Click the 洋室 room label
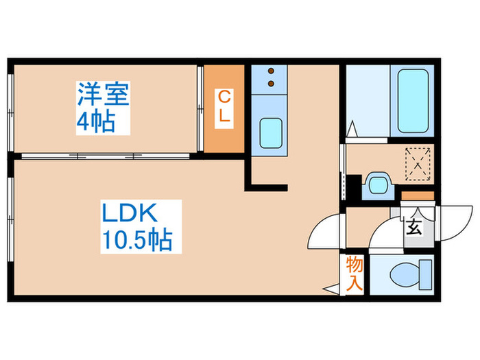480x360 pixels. pyautogui.click(x=103, y=95)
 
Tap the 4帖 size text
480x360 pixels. pyautogui.click(x=95, y=121)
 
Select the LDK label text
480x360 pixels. pyautogui.click(x=130, y=213)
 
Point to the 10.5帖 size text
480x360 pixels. pyautogui.click(x=137, y=241)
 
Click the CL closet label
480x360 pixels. pyautogui.click(x=224, y=108)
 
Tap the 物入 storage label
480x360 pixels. pyautogui.click(x=355, y=274)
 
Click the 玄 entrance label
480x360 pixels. pyautogui.click(x=414, y=227)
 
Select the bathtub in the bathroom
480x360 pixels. pyautogui.click(x=413, y=101)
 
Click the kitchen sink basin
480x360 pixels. pyautogui.click(x=271, y=133)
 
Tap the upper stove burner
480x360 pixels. pyautogui.click(x=271, y=71)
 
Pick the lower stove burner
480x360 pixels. pyautogui.click(x=271, y=83)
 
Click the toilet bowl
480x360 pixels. pyautogui.click(x=403, y=274)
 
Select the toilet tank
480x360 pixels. pyautogui.click(x=425, y=274)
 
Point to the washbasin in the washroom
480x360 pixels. pyautogui.click(x=378, y=185)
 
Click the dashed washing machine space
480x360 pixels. pyautogui.click(x=418, y=164)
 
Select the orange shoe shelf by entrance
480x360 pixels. pyautogui.click(x=418, y=196)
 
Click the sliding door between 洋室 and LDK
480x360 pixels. pyautogui.click(x=106, y=156)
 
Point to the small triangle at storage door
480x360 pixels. pyautogui.click(x=332, y=289)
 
